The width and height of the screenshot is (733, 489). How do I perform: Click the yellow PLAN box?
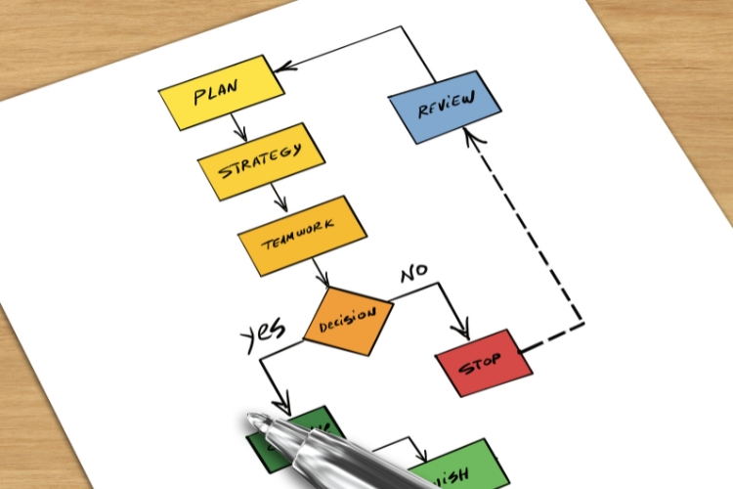[222, 93]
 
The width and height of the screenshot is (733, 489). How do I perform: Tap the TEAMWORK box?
[301, 236]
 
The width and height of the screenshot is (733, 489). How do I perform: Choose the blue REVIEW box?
[445, 107]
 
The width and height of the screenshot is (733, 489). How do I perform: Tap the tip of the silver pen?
[253, 422]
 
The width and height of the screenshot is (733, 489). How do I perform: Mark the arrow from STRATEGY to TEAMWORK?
[279, 199]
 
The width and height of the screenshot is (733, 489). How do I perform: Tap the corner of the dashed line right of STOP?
[582, 322]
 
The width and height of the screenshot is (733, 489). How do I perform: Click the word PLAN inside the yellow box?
[217, 95]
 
